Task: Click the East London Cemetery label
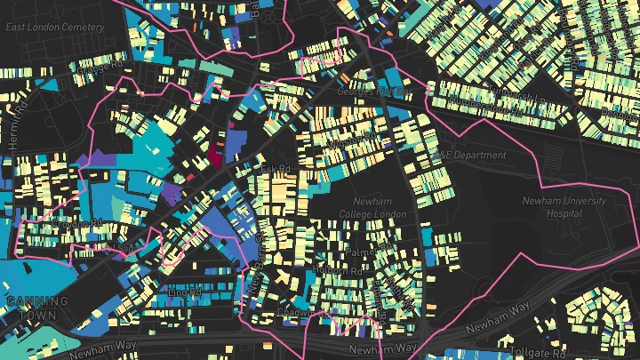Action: [x=55, y=27]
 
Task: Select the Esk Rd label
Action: [x=276, y=168]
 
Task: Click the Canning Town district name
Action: [x=37, y=308]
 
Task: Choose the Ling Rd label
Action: [x=184, y=290]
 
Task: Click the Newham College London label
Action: [x=372, y=208]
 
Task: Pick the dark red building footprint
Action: [x=214, y=158]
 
